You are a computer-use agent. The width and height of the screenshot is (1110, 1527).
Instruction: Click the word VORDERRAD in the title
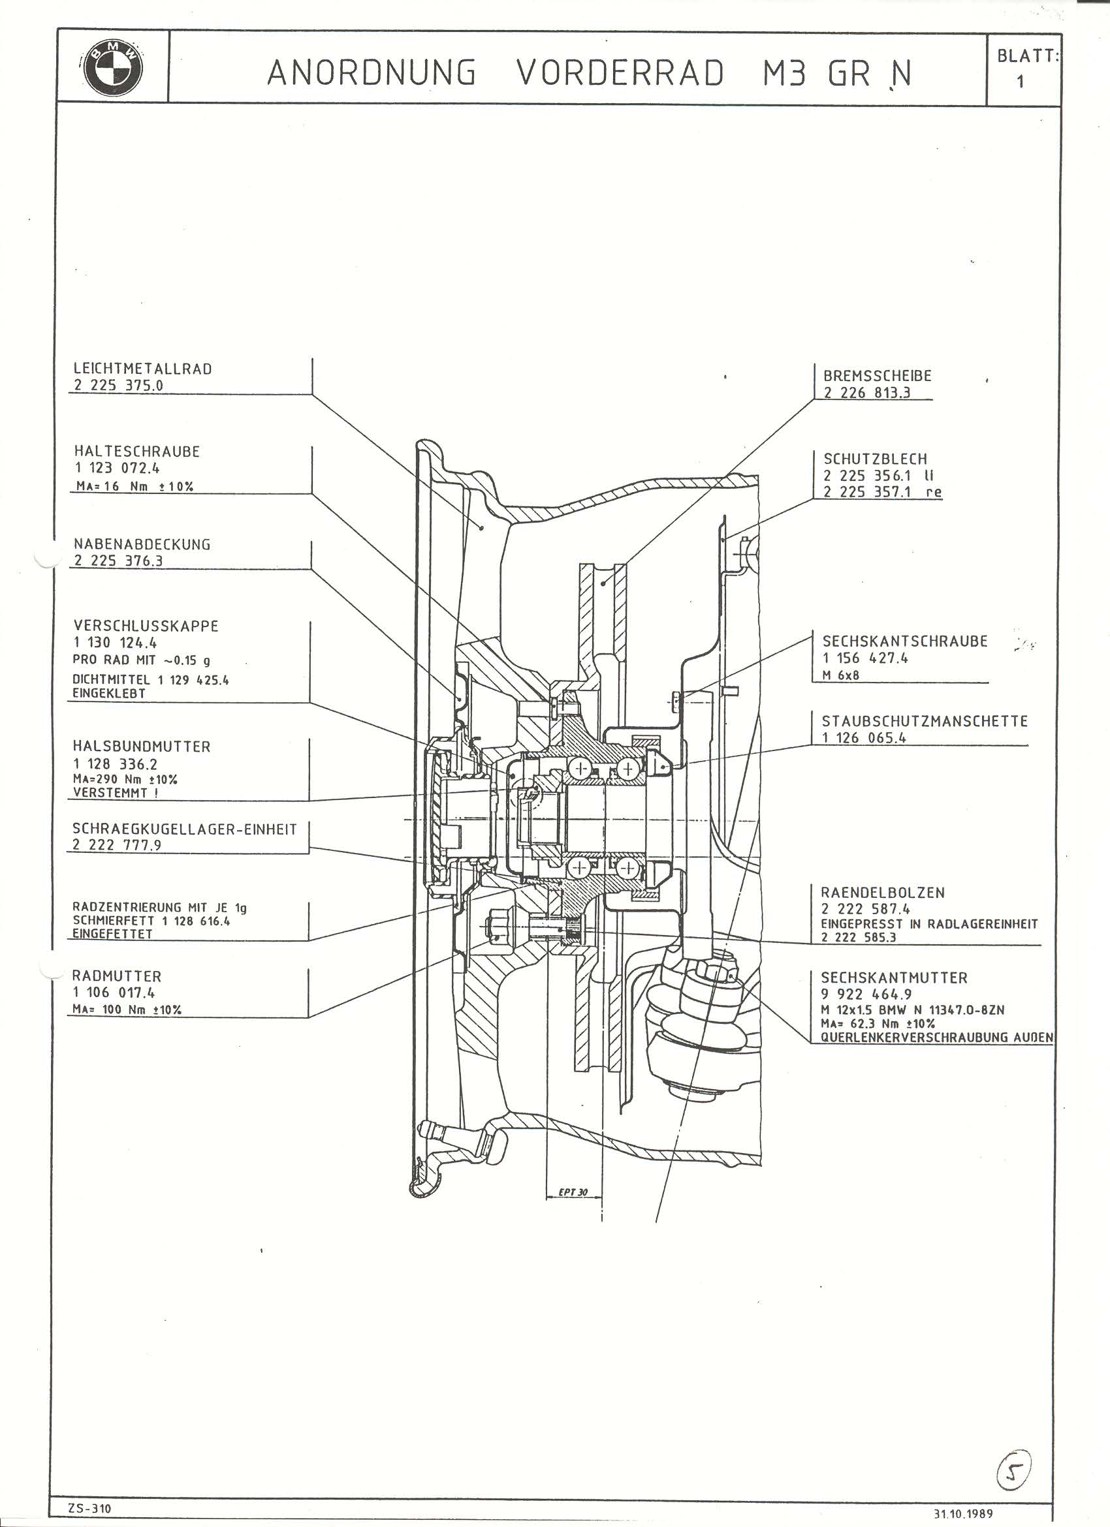click(620, 73)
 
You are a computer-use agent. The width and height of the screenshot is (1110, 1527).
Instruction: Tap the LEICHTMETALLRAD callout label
click(143, 369)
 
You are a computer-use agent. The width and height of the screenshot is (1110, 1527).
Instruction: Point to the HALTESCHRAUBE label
click(136, 452)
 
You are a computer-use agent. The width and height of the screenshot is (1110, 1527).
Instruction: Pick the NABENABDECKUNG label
click(142, 544)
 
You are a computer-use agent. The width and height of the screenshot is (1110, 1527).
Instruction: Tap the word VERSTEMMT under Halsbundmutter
click(116, 793)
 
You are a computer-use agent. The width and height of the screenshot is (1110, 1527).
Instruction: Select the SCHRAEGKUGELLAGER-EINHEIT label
click(185, 829)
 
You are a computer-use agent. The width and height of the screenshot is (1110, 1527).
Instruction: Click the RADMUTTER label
click(116, 976)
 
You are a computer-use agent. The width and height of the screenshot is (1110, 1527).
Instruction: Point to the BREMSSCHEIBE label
click(878, 377)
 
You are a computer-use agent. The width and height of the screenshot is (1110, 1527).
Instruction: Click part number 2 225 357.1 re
click(882, 492)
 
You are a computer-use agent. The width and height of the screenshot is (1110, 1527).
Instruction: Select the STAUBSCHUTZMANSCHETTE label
click(925, 721)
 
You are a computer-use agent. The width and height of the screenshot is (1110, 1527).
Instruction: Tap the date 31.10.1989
click(963, 1514)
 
